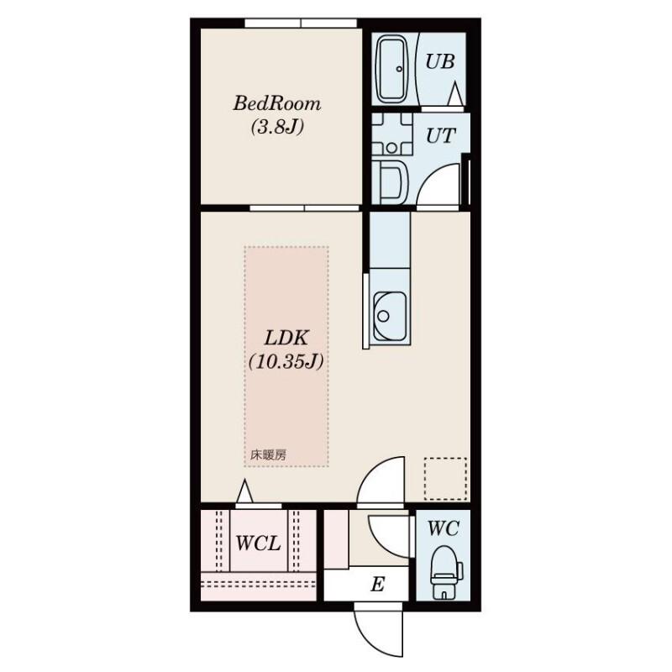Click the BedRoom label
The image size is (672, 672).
point(277,103)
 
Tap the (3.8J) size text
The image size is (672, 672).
point(277,127)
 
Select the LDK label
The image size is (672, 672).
point(286,339)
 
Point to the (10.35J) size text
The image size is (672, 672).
point(286,362)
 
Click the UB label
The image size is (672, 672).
point(439,62)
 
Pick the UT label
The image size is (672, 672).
point(440,136)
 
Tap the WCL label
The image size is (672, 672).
point(258,543)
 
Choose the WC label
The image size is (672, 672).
point(444,528)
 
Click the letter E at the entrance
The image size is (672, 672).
point(377,584)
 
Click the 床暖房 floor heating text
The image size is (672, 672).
point(268,454)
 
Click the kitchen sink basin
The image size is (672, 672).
point(390,317)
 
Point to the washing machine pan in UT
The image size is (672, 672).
point(392,134)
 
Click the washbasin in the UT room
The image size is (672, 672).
point(391,182)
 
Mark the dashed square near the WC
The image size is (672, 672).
point(445,479)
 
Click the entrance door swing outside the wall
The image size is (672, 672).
point(379,629)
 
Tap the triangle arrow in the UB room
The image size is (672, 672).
point(455,94)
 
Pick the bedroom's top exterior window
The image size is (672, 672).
point(301,24)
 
